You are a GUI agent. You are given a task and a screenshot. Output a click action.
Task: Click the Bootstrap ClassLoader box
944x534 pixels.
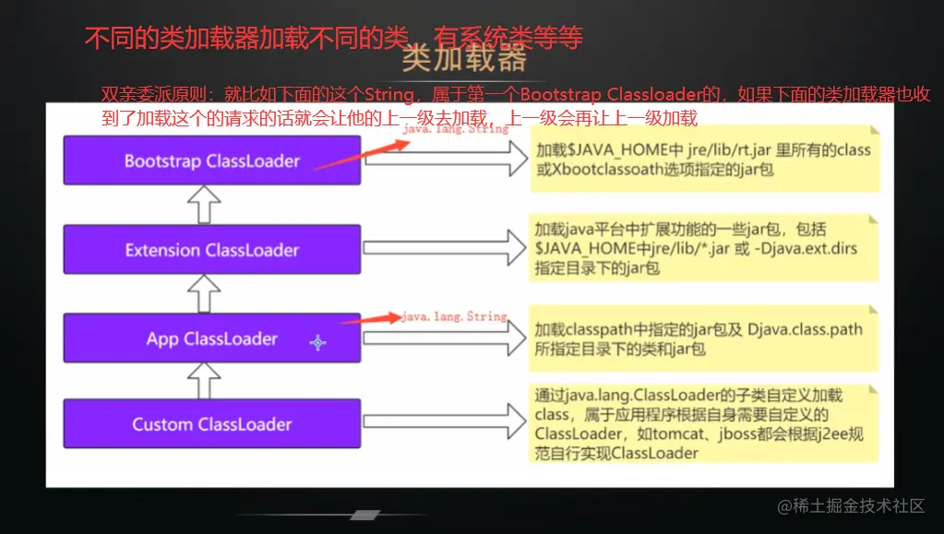click(x=211, y=160)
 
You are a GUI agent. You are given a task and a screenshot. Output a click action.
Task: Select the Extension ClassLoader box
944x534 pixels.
click(x=211, y=250)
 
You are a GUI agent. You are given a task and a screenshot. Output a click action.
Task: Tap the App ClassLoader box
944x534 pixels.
click(x=211, y=338)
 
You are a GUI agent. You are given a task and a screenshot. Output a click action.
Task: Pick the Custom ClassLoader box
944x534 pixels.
click(x=211, y=424)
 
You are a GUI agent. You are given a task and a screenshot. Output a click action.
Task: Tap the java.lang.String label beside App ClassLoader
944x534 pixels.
click(x=455, y=316)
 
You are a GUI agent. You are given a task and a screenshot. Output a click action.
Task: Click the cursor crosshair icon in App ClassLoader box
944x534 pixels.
click(x=318, y=342)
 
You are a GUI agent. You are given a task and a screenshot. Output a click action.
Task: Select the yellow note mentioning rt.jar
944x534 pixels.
click(x=702, y=158)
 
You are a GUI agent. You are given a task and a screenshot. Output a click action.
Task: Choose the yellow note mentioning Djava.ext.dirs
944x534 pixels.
click(x=704, y=248)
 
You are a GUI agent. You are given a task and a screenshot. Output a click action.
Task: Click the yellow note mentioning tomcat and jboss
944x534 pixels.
click(x=703, y=423)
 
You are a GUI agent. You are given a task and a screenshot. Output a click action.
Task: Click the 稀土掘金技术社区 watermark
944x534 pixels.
click(x=850, y=505)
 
